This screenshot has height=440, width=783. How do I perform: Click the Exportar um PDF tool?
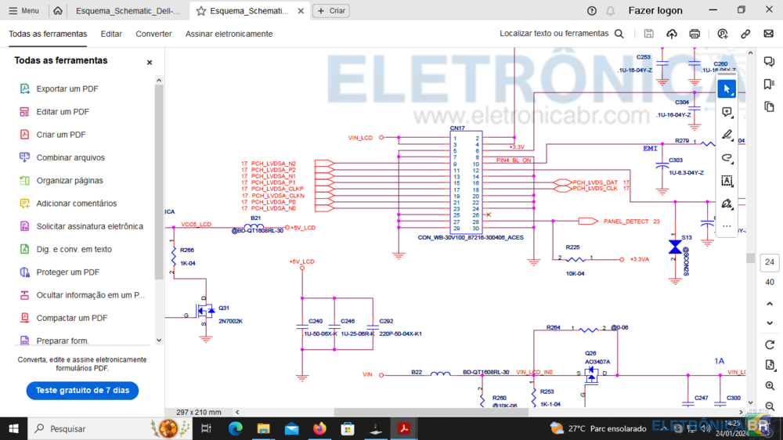(x=67, y=89)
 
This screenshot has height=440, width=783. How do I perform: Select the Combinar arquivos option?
(x=70, y=158)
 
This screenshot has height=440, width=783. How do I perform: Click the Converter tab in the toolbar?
(x=153, y=34)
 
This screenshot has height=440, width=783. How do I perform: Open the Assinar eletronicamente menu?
(x=229, y=34)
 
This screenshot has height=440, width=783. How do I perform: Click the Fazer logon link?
(x=655, y=11)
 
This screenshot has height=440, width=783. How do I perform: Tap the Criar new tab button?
(x=331, y=11)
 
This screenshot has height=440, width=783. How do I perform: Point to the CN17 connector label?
(x=457, y=128)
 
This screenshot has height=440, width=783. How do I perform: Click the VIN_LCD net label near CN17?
(x=360, y=138)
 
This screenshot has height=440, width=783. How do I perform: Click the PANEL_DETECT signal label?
(x=626, y=222)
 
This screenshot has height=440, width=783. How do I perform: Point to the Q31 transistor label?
(x=225, y=308)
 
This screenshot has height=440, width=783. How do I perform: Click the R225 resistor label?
(x=572, y=247)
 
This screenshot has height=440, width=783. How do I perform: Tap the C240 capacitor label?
(x=316, y=321)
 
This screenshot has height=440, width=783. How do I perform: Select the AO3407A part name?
(x=597, y=362)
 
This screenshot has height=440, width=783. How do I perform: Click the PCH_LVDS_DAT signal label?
(x=595, y=182)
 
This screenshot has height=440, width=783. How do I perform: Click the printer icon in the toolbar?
(x=695, y=34)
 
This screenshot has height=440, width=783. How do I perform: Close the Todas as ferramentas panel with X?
(x=150, y=63)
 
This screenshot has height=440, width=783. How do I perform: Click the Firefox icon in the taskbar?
(x=319, y=429)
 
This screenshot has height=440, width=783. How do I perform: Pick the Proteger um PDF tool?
(x=67, y=272)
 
